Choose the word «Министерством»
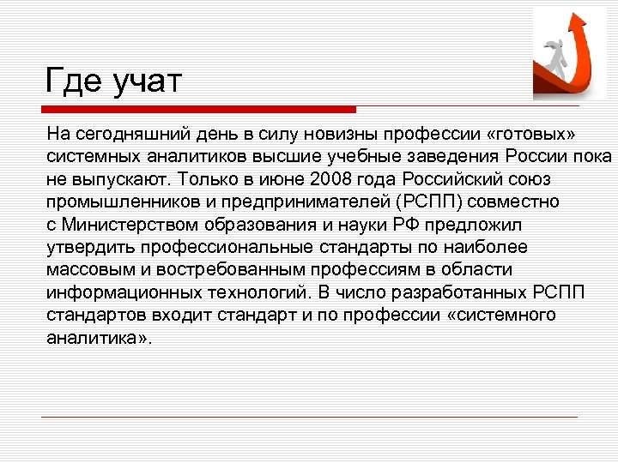click(x=129, y=225)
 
